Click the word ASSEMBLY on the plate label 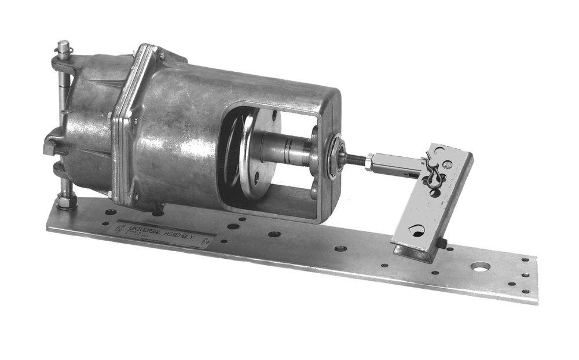tap(185, 236)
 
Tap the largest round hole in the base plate tap(480, 267)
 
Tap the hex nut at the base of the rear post tap(65, 202)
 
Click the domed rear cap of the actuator tap(87, 124)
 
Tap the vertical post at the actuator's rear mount tap(62, 116)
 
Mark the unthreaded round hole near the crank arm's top tap(447, 165)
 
